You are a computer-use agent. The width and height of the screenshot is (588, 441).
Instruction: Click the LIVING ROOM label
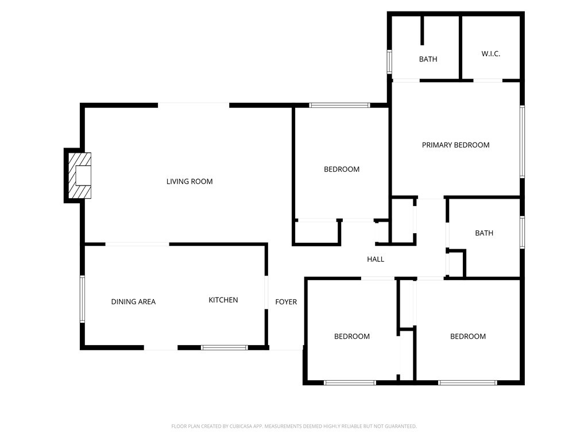pos(189,181)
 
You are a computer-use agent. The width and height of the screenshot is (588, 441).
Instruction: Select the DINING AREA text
pos(133,301)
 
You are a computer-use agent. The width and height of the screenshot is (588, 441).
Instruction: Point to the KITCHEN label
pos(223,300)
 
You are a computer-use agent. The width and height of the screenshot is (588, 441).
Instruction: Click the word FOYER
pos(286,301)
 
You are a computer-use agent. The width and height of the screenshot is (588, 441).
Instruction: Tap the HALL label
pos(376,259)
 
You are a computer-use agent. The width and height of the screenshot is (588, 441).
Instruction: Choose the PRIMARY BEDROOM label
pos(455,145)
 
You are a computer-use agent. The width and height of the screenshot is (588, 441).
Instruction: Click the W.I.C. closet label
pos(490,53)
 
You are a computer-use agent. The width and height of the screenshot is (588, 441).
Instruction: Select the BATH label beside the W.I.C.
pos(428,59)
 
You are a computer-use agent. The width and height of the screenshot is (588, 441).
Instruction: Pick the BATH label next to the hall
pos(483,233)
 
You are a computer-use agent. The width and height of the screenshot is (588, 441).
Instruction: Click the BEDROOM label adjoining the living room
pos(342,169)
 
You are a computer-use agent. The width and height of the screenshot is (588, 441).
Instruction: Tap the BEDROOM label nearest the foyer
pos(352,336)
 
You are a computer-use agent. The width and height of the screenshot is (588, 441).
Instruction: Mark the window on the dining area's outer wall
pos(83,299)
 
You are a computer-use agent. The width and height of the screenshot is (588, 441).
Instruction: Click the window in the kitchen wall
pos(225,347)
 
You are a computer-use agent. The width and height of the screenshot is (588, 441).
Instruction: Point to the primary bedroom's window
pos(522,141)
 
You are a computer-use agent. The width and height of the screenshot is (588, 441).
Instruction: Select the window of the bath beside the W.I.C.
pos(389,61)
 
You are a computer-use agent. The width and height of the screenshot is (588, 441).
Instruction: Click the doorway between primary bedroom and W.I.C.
pos(488,80)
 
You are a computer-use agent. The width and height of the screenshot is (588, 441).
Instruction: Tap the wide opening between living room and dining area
pos(137,244)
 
